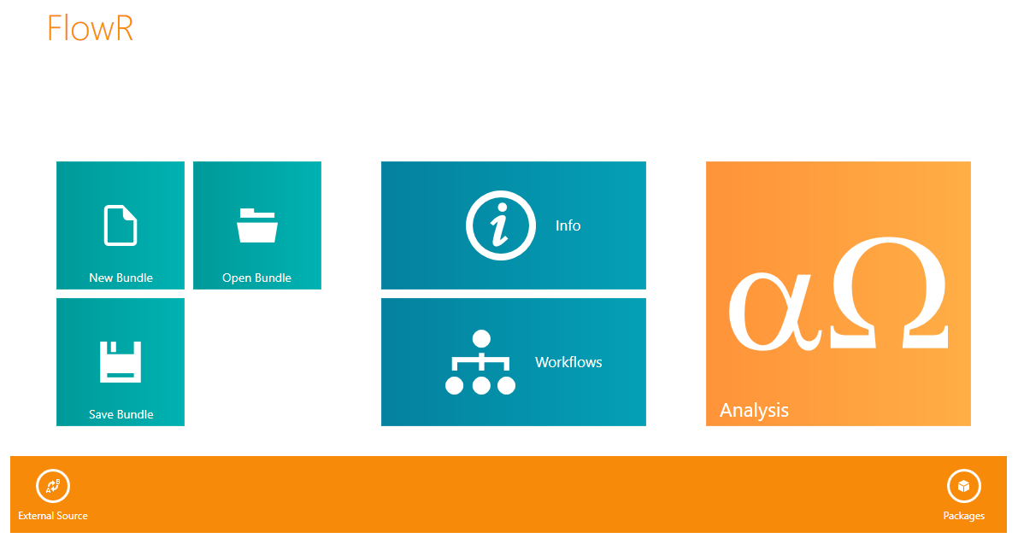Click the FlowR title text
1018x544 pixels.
[x=91, y=28]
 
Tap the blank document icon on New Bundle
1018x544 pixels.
[x=121, y=225]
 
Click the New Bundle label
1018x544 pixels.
[x=121, y=278]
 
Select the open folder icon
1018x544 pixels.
[x=257, y=225]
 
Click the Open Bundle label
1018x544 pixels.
[x=256, y=278]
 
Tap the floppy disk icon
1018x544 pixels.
[x=121, y=362]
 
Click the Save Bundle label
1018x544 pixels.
[x=121, y=414]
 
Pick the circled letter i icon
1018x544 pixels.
[x=501, y=225]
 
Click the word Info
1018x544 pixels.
[x=568, y=225]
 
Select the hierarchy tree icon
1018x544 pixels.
[x=480, y=362]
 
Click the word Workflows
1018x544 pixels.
[x=568, y=362]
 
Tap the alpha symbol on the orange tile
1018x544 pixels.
[x=775, y=311]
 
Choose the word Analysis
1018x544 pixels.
[x=755, y=410]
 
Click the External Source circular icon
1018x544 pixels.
[x=53, y=486]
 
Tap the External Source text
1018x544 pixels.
[x=53, y=516]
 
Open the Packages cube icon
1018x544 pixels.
[x=963, y=486]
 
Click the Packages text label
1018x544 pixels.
[x=963, y=516]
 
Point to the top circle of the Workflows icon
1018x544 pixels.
[x=481, y=338]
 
